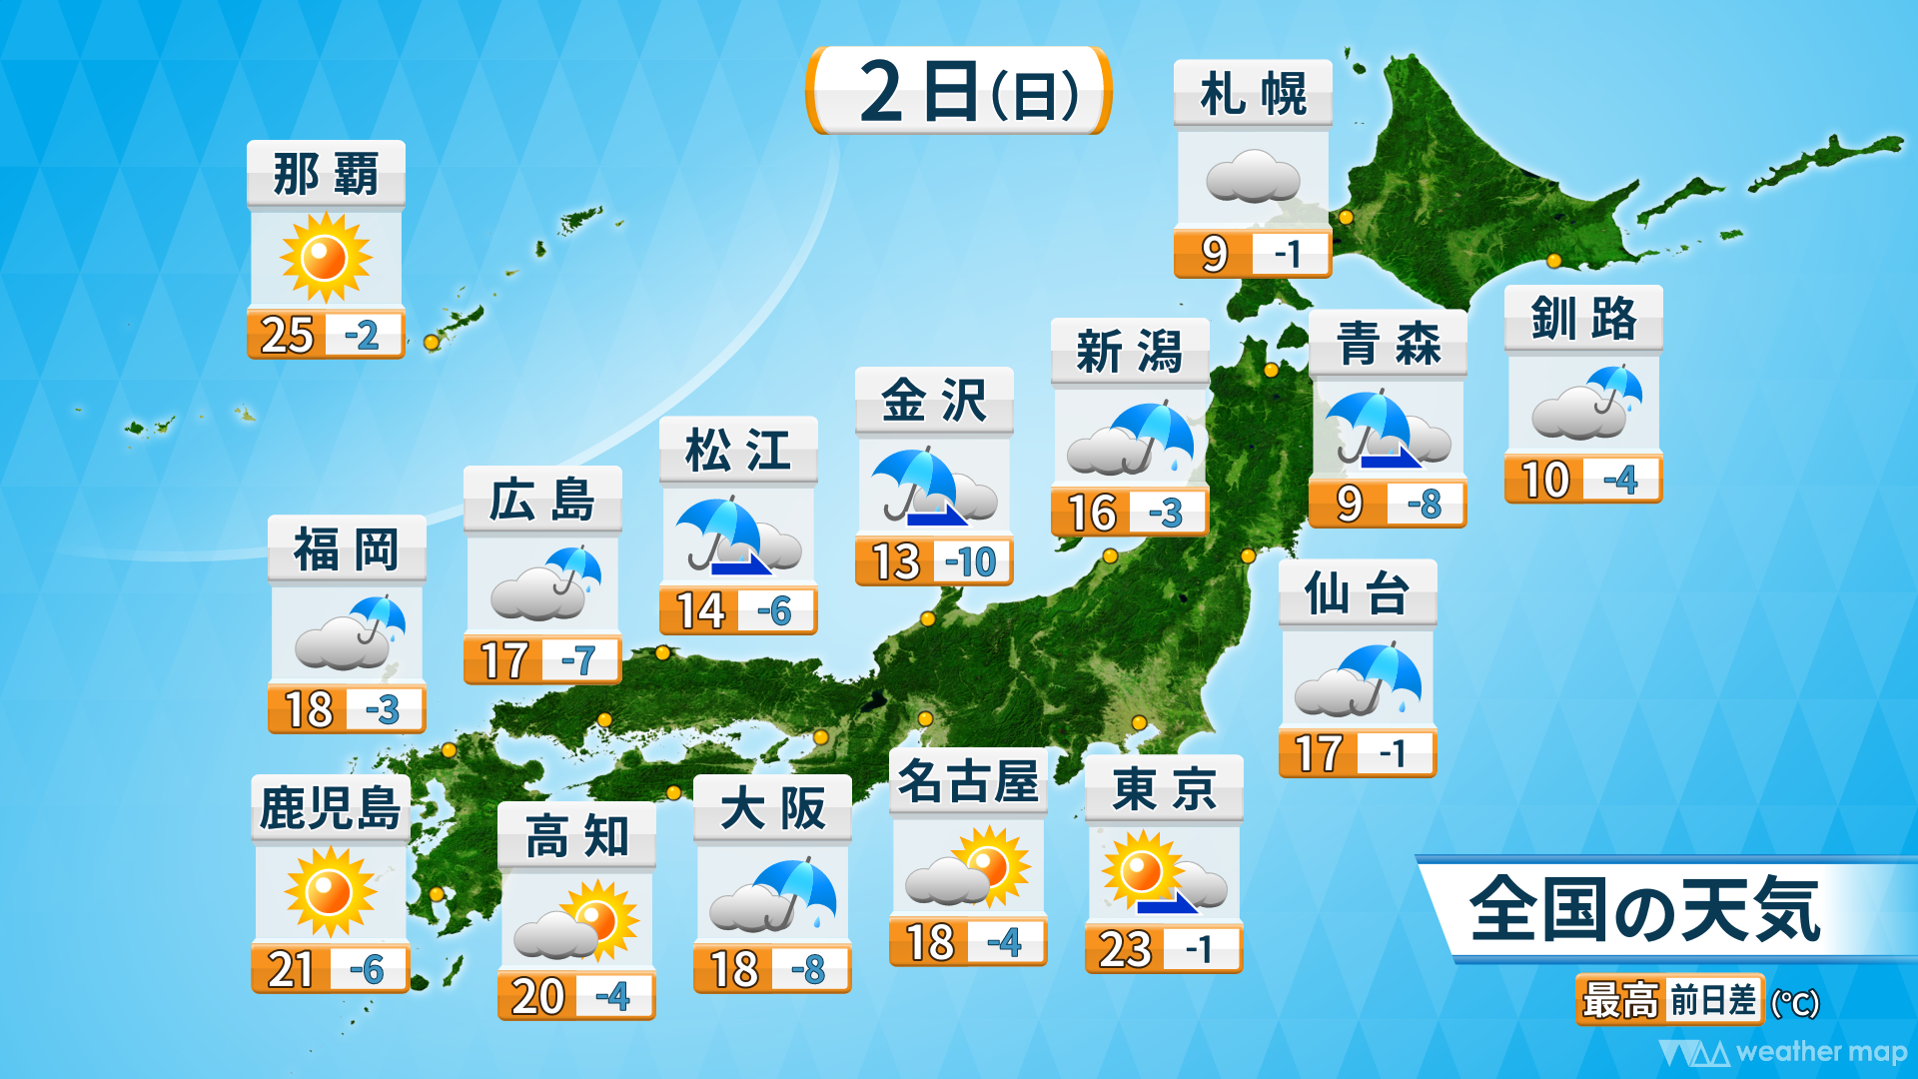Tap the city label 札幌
click(x=1253, y=95)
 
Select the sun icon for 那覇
click(x=326, y=258)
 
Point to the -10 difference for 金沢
click(x=971, y=562)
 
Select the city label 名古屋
click(x=968, y=782)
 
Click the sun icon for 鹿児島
click(x=330, y=891)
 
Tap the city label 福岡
click(x=347, y=549)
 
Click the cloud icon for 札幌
click(x=1253, y=177)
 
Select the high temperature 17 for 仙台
click(x=1319, y=754)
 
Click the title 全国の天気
click(x=1644, y=910)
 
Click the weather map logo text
click(x=1820, y=1052)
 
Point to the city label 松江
click(x=738, y=451)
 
